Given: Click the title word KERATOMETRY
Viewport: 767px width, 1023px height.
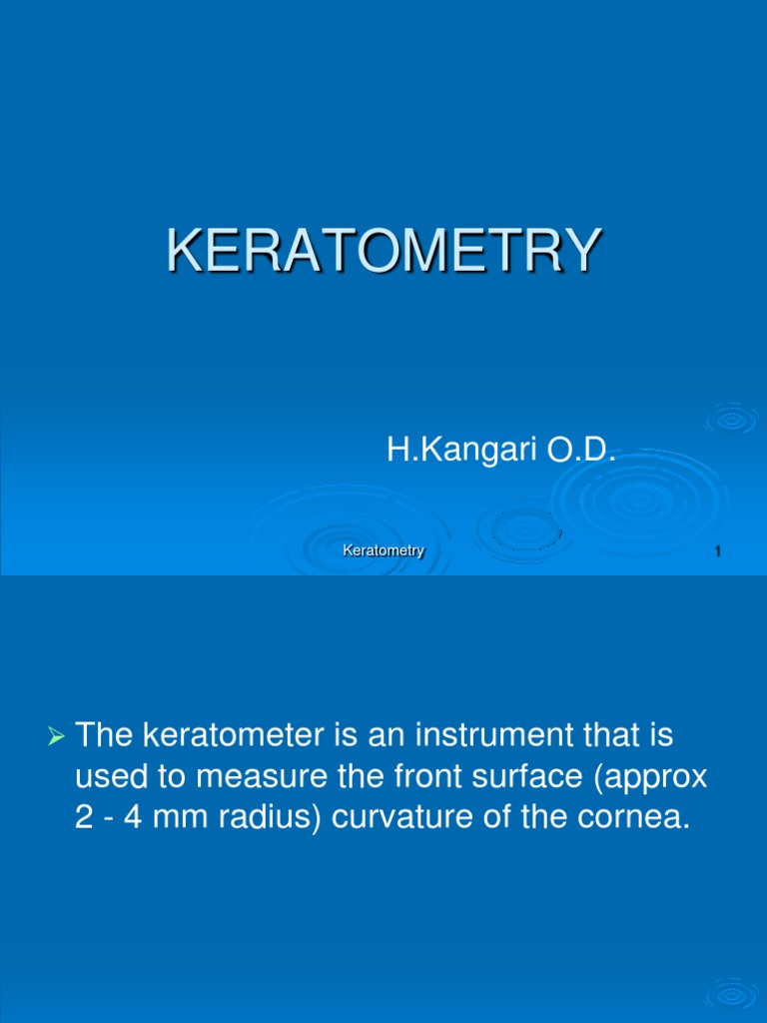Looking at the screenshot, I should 383,251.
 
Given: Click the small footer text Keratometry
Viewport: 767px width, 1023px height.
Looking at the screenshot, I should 383,550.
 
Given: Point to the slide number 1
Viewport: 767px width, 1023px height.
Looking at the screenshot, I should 719,552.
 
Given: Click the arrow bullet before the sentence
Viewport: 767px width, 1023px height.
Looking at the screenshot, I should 56,738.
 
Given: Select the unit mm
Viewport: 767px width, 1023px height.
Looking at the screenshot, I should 182,819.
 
